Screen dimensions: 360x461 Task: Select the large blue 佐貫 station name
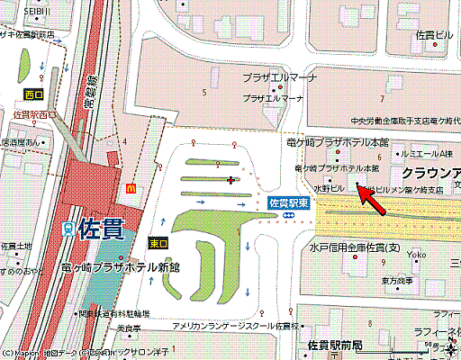pos(99,229)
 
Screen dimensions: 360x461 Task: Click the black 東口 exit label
pos(157,243)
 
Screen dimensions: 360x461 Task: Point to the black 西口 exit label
pos(34,94)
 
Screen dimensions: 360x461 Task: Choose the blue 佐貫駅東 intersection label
pos(289,203)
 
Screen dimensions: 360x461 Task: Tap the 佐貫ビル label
pos(433,34)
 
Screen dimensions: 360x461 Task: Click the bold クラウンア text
pos(430,172)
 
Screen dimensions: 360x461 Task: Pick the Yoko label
pos(416,256)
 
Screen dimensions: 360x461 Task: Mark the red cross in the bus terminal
pos(233,181)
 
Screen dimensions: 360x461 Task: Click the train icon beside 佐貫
pos(68,229)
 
